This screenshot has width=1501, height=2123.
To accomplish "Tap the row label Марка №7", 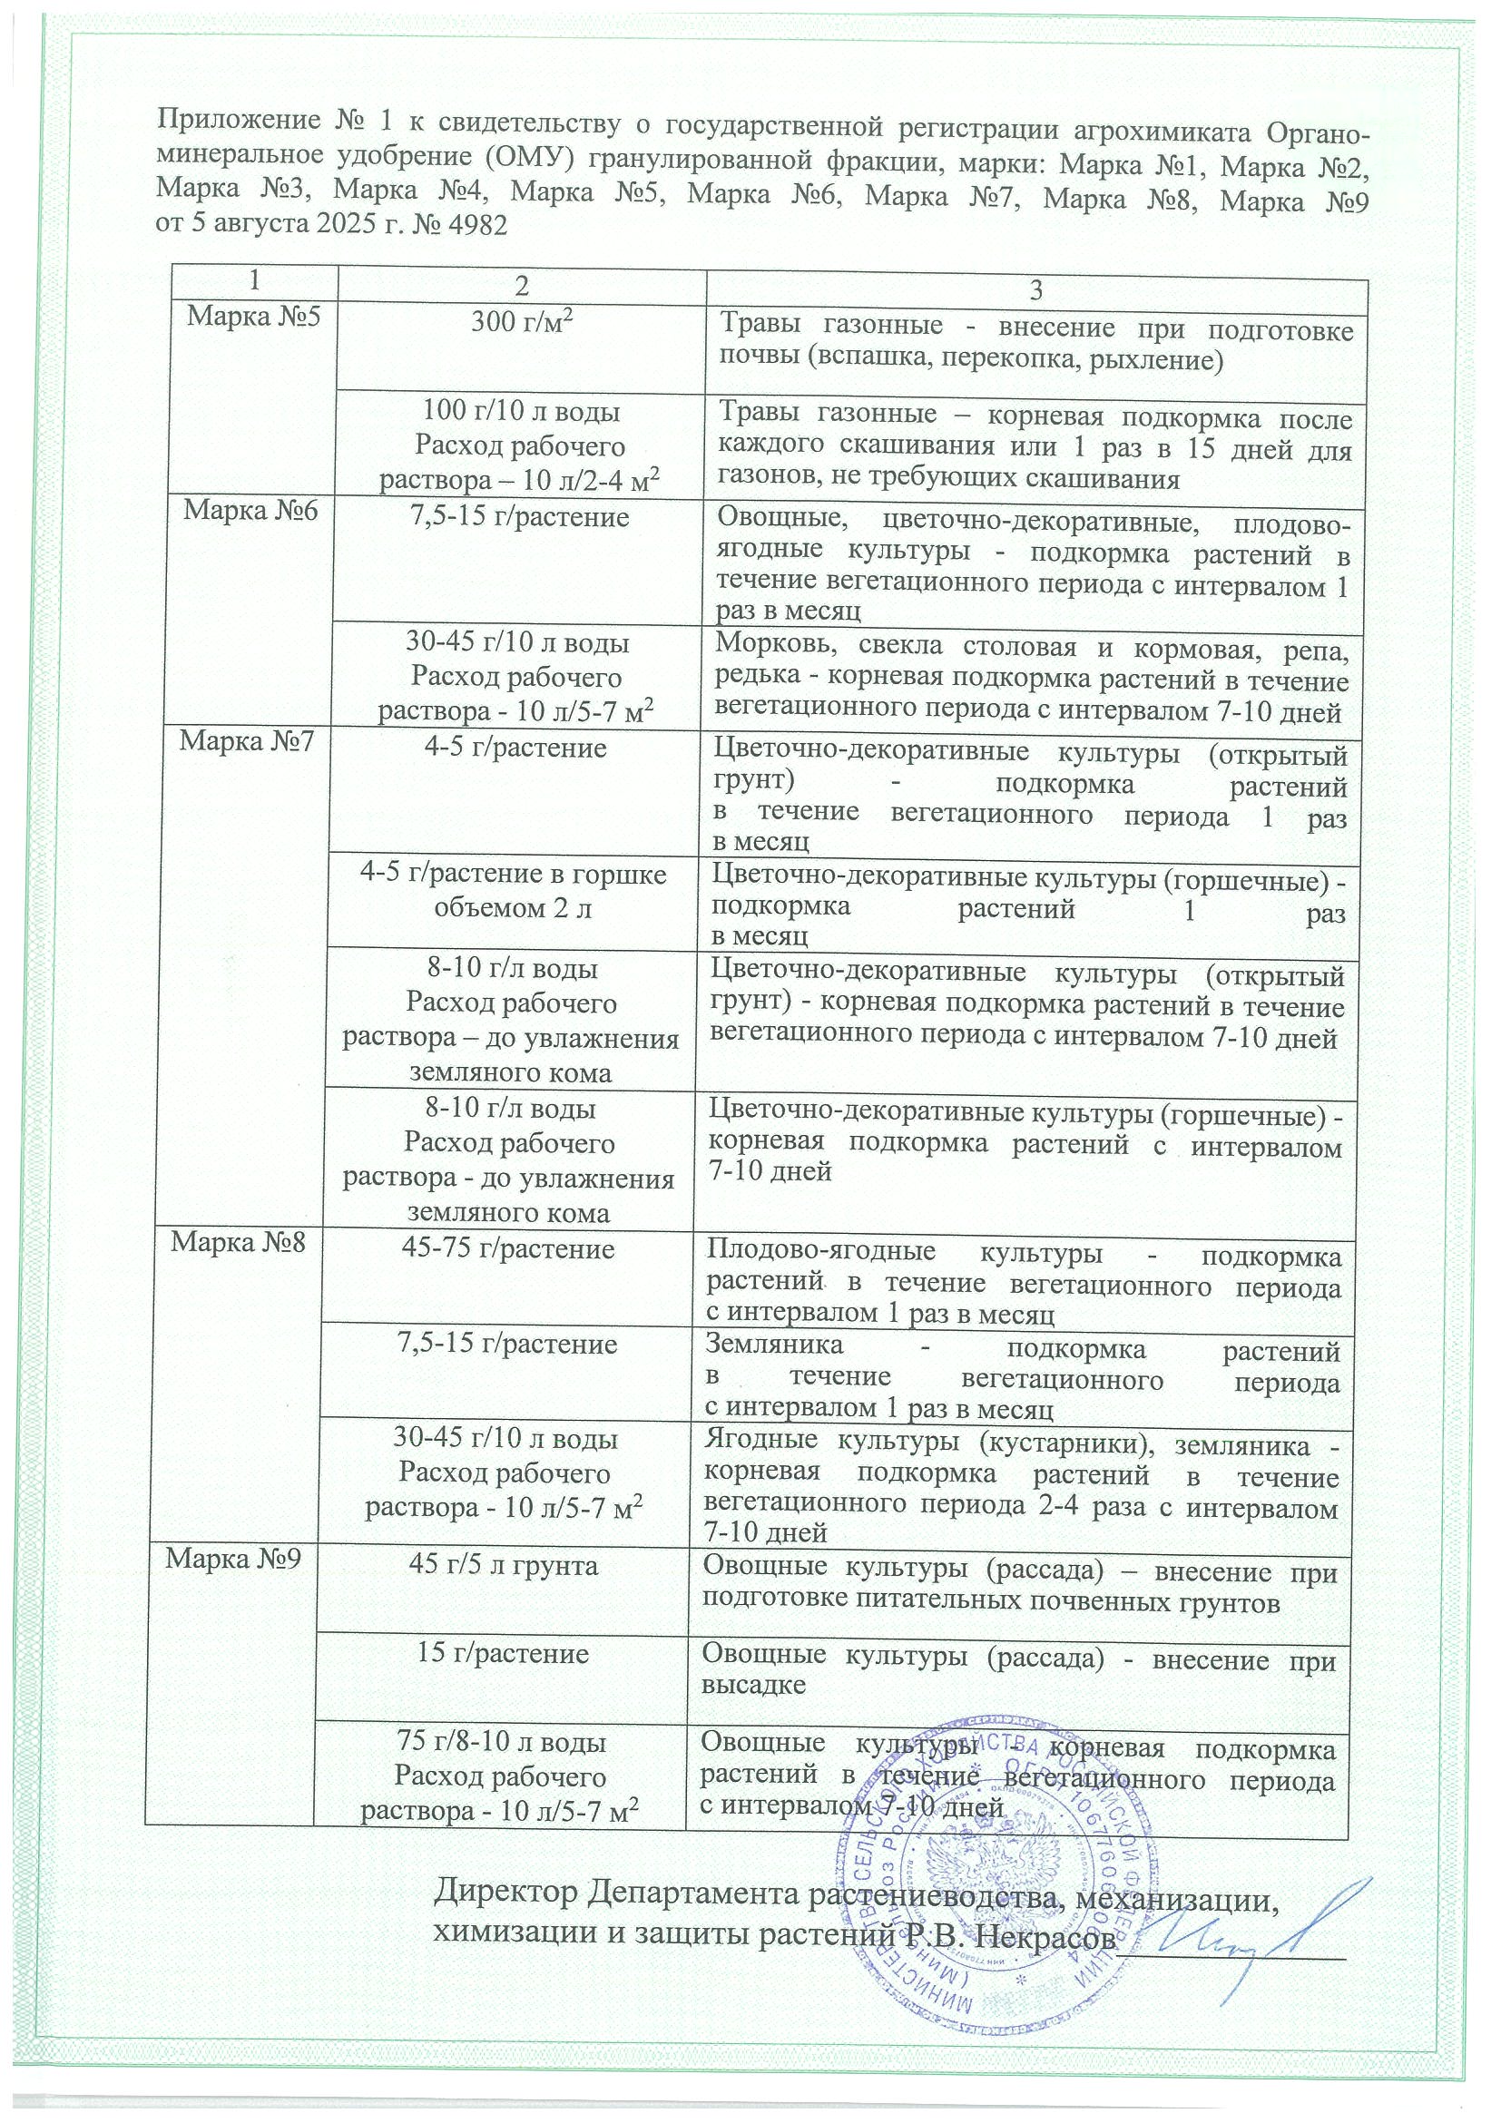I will [247, 742].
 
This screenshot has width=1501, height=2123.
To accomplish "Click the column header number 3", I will [1035, 291].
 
